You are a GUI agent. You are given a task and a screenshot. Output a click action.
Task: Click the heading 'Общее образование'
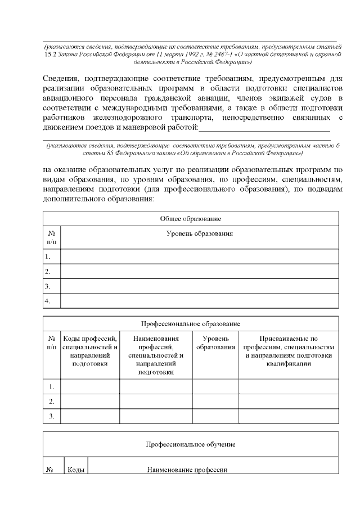pyautogui.click(x=190, y=218)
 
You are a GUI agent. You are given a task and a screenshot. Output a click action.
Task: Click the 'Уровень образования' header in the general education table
pyautogui.click(x=200, y=233)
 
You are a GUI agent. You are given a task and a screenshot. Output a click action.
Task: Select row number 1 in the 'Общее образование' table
pyautogui.click(x=49, y=257)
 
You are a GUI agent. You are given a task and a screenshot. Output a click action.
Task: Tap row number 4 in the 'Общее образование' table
pyautogui.click(x=49, y=301)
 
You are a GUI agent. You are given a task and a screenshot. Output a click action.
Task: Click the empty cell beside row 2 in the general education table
pyautogui.click(x=199, y=272)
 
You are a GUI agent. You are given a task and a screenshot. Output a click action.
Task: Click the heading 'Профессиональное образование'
pyautogui.click(x=190, y=324)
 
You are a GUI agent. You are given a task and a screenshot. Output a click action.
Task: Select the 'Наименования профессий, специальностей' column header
pyautogui.click(x=156, y=355)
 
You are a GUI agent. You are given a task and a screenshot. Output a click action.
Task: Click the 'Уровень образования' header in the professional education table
pyautogui.click(x=215, y=343)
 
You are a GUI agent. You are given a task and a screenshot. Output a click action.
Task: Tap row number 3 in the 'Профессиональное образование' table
pyautogui.click(x=51, y=416)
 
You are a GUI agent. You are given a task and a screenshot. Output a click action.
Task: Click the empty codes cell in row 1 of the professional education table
pyautogui.click(x=90, y=387)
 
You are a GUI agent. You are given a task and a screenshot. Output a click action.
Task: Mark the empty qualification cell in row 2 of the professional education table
pyautogui.click(x=289, y=402)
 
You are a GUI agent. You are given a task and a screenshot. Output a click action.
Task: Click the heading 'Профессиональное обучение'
pyautogui.click(x=190, y=444)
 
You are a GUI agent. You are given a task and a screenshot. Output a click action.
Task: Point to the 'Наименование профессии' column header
pyautogui.click(x=187, y=470)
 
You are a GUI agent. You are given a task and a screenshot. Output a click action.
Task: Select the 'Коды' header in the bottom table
pyautogui.click(x=75, y=470)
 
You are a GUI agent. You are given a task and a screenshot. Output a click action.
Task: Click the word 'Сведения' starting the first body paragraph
pyautogui.click(x=61, y=78)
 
